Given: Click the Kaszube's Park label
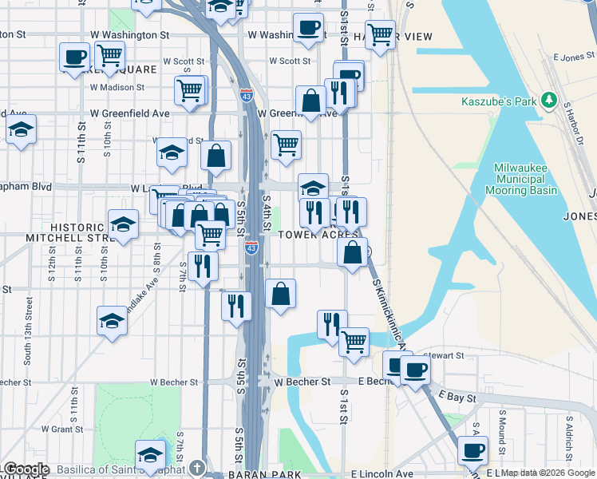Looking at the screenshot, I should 499,101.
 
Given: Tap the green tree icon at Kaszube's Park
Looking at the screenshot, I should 548,101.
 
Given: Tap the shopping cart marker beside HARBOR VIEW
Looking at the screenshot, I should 381,34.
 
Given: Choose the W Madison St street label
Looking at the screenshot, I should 118,87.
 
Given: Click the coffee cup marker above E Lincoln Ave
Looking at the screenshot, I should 473,449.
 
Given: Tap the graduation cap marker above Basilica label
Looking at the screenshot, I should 150,454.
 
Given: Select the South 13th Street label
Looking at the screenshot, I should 29,331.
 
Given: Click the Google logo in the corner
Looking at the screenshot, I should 26,469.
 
